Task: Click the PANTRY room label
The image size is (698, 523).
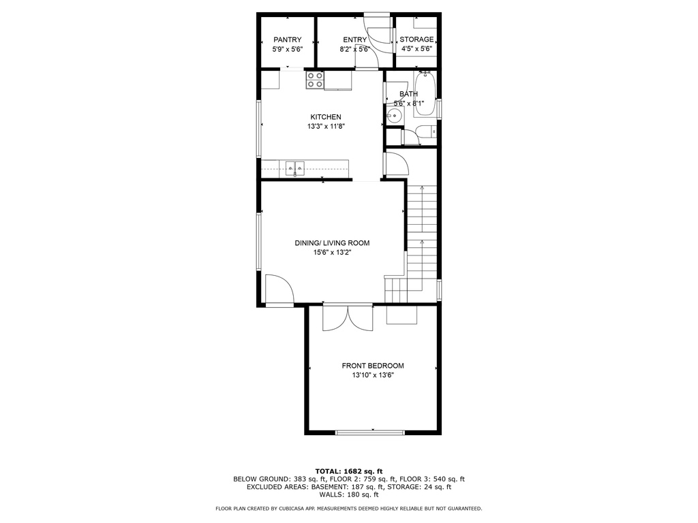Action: coord(288,39)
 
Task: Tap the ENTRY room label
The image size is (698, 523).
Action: coord(354,39)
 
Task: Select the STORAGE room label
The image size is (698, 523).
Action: coord(416,39)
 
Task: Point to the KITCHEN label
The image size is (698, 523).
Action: coord(326,117)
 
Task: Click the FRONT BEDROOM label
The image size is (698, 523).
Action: coord(373,366)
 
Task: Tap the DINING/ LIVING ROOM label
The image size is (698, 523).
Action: coord(332,243)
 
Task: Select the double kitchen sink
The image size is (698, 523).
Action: coord(295,168)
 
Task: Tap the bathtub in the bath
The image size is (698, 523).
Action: coord(425,93)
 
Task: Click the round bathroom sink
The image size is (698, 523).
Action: coord(394,117)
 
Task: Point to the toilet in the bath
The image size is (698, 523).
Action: coord(426,131)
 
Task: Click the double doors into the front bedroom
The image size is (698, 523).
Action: coord(348,319)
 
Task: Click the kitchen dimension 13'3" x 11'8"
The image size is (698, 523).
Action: coord(327,126)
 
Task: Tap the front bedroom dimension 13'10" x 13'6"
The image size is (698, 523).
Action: coord(373,375)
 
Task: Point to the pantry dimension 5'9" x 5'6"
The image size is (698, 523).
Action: coord(288,49)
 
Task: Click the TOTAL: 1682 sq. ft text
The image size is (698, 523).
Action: coord(349,471)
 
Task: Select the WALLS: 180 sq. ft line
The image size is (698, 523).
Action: coord(349,494)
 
